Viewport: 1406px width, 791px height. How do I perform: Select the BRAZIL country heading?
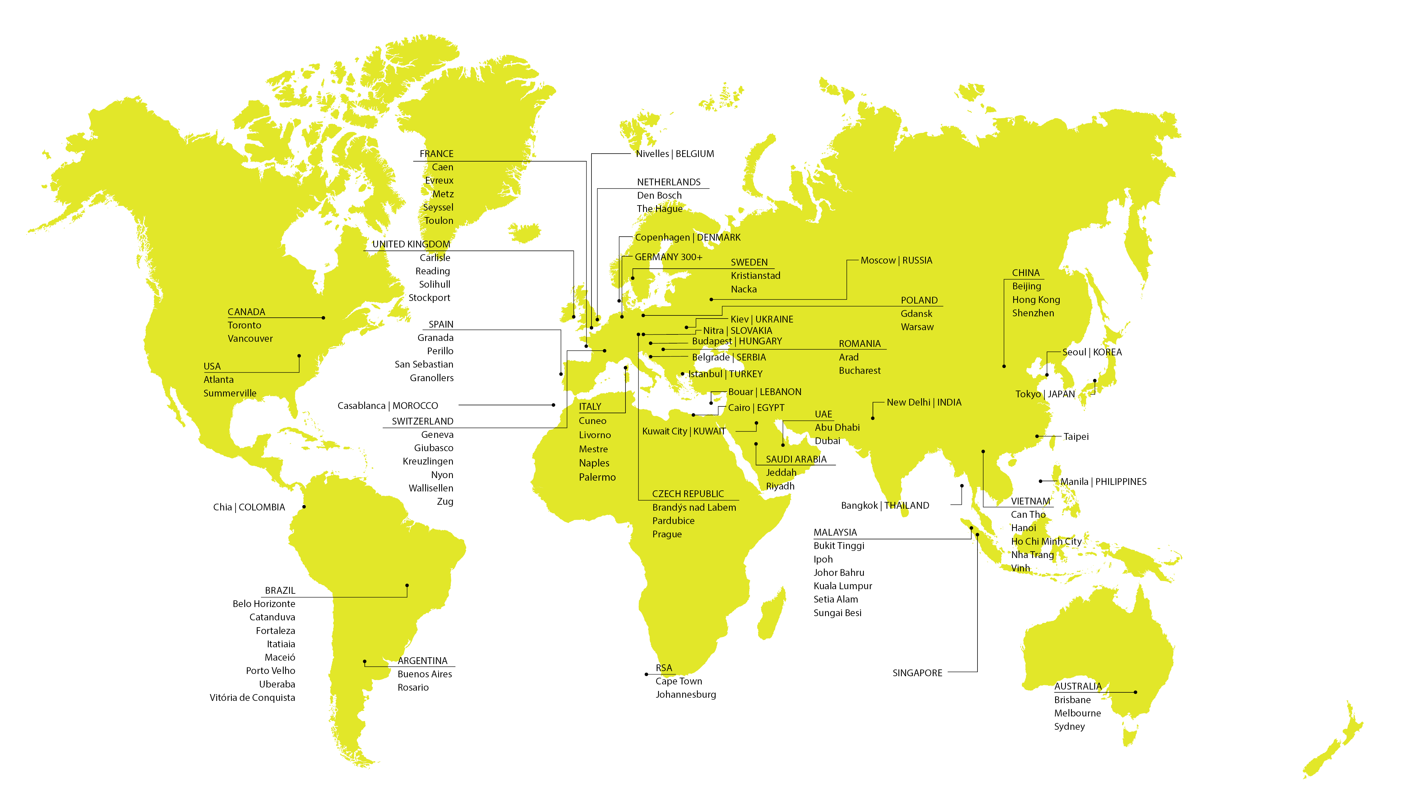280,591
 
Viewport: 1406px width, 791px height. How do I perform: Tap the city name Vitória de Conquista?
252,698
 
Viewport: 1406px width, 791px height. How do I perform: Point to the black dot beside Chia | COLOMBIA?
304,507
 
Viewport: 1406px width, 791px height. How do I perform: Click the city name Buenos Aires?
425,674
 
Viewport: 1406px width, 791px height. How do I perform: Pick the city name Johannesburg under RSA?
686,695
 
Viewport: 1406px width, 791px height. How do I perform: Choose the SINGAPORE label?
917,673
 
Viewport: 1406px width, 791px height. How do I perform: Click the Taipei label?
1076,437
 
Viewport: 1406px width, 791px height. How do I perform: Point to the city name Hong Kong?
1035,300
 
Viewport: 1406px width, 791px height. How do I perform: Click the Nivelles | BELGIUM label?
675,154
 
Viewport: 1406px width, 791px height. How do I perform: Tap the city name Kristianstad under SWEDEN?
755,276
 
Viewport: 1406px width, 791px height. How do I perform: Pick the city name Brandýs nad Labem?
694,508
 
